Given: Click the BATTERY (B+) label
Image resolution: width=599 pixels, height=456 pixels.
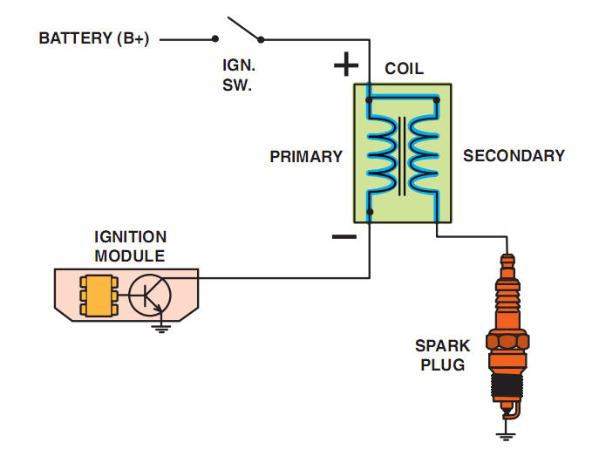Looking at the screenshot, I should pos(95,38).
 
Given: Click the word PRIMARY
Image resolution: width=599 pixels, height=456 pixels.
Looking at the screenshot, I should pos(306,157).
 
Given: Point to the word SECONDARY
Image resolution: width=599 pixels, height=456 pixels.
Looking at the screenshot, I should pos(514,156).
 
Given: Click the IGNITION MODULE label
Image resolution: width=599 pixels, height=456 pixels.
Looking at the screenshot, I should pos(130,246).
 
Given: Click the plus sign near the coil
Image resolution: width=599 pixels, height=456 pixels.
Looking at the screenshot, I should pos(346,65).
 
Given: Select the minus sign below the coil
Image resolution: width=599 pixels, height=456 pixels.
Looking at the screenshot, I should pos(344,236).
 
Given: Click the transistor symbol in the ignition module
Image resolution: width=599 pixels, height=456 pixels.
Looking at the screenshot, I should pos(151,296).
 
